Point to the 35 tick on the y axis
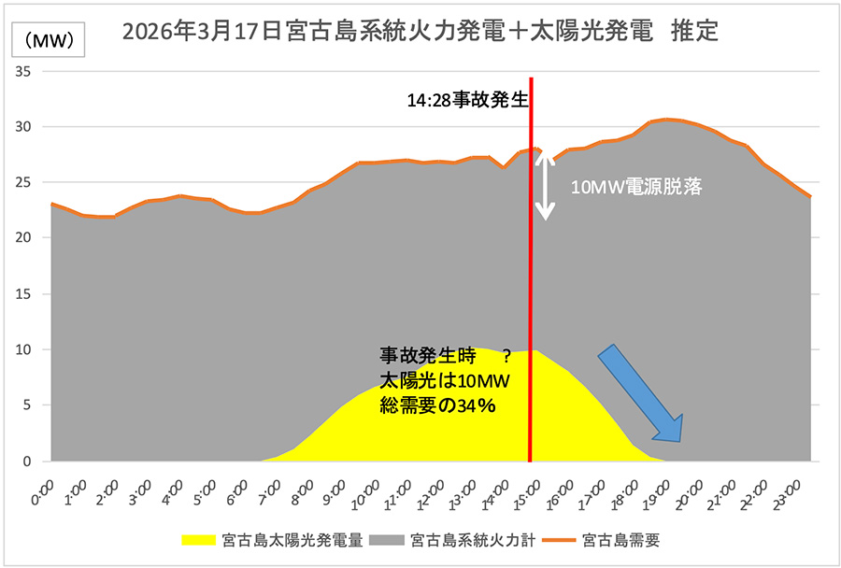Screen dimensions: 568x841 pos(24,71)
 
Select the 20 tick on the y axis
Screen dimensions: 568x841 pos(24,238)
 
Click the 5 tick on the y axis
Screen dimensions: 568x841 pos(28,405)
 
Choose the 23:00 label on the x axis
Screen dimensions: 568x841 pos(787,492)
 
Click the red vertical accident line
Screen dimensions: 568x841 pos(531,280)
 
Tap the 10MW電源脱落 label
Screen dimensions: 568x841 pos(636,186)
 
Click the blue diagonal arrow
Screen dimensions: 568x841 pos(641,392)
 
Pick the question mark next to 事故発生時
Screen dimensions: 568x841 pos(506,356)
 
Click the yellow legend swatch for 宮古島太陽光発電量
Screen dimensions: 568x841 pos(200,540)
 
